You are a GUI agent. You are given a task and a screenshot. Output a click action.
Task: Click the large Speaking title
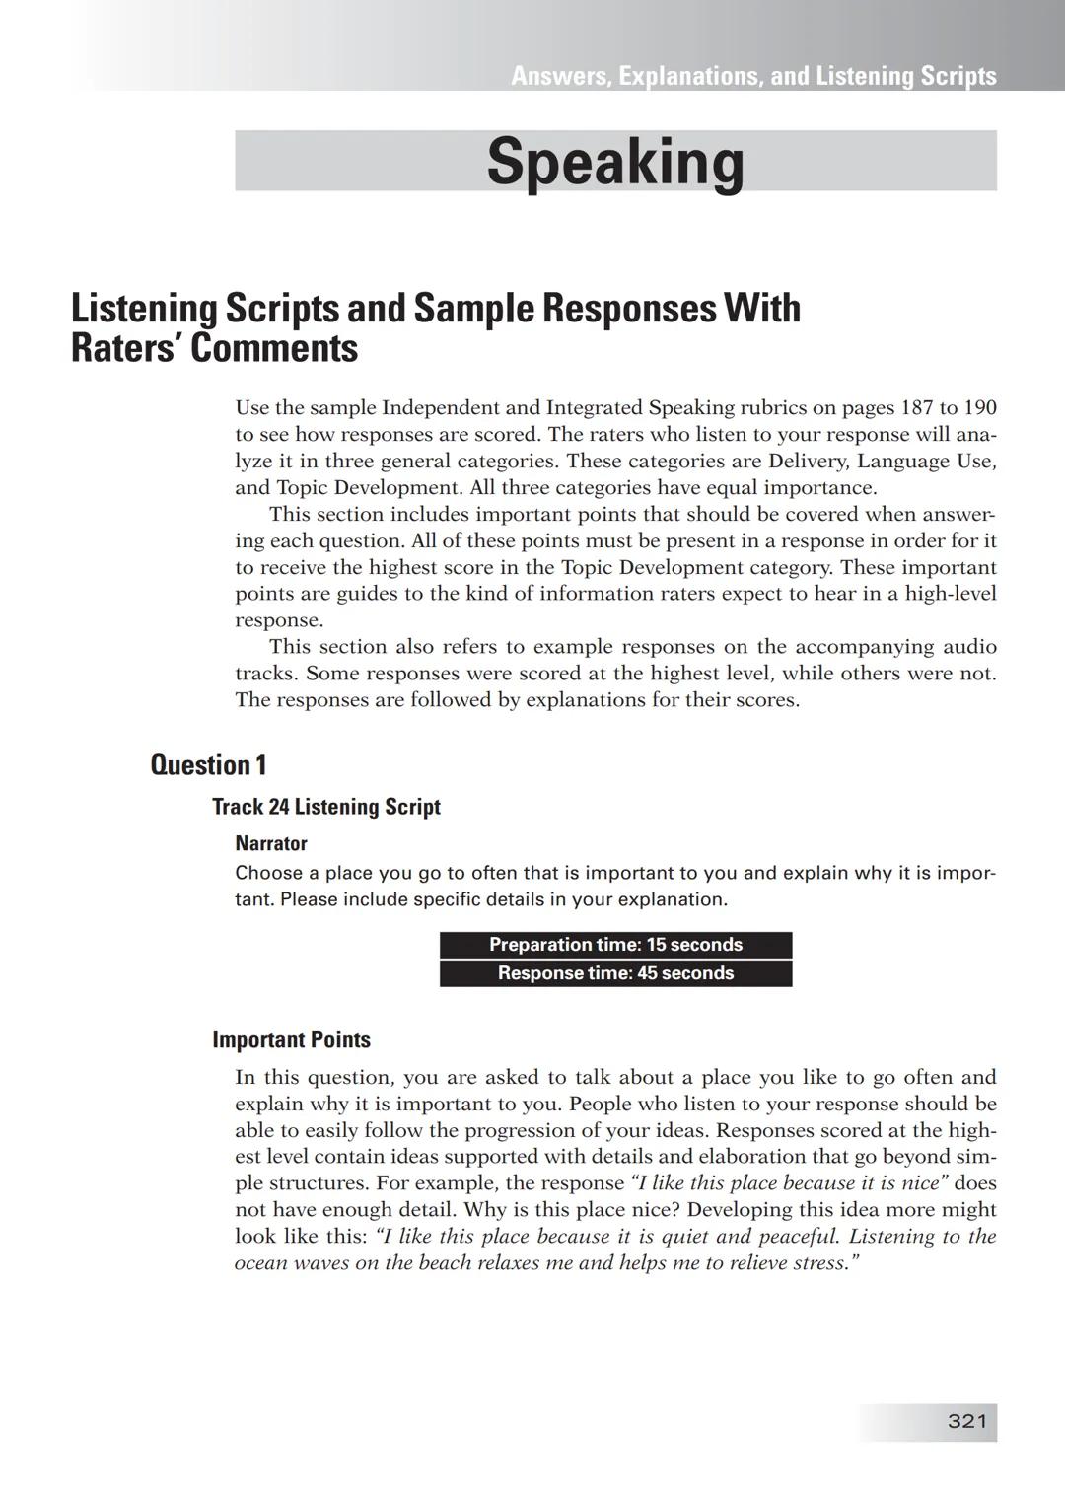615,162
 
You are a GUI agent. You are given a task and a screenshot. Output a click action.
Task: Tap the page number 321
966,1421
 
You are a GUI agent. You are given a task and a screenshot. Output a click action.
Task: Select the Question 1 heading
208,765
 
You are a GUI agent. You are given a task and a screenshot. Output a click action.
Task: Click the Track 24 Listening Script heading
326,807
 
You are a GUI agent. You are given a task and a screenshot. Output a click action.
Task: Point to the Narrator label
271,843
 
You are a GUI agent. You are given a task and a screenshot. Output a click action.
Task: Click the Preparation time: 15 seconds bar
615,945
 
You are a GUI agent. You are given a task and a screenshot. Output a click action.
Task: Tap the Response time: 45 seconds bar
615,973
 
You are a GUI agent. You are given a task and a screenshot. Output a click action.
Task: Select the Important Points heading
291,1039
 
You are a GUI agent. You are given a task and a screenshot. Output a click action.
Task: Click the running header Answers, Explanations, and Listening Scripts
753,76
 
